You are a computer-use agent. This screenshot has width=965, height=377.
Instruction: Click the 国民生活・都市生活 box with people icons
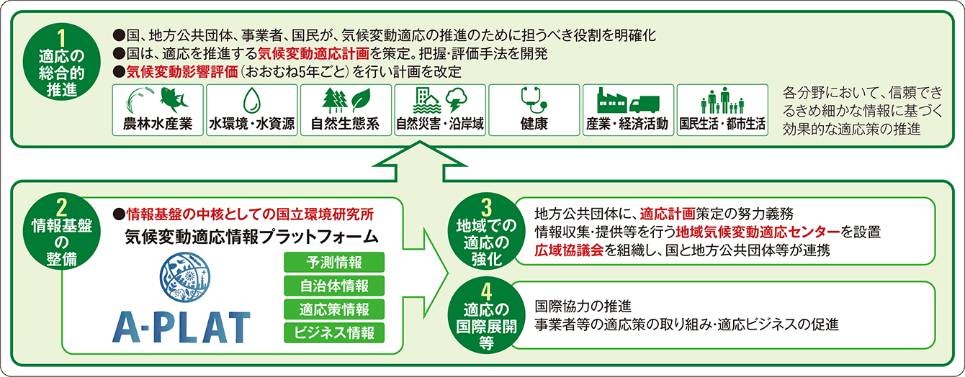click(x=722, y=110)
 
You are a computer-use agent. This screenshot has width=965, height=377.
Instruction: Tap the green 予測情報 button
click(x=335, y=262)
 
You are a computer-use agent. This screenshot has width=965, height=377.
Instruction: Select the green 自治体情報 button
click(x=335, y=286)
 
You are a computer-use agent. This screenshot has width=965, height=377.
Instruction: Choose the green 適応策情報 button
click(x=335, y=309)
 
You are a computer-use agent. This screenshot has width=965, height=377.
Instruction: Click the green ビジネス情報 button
click(x=335, y=332)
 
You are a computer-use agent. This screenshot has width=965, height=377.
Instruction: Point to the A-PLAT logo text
click(x=181, y=327)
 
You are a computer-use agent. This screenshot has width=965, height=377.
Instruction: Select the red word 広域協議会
click(x=570, y=250)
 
